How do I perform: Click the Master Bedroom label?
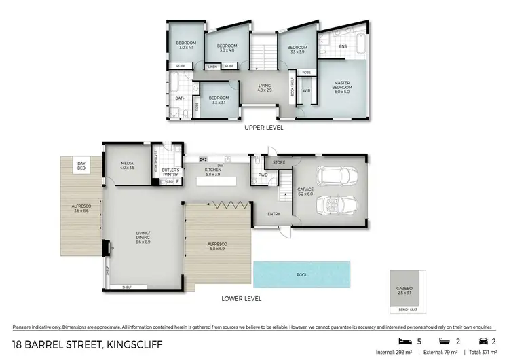tap(341, 86)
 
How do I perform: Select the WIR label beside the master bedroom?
tap(306, 90)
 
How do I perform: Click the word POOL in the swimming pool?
tap(302, 275)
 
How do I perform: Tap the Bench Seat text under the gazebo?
tap(408, 309)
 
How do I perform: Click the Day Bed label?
tap(81, 165)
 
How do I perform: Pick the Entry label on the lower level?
tap(274, 214)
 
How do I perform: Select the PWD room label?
tap(263, 174)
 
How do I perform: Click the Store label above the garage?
tap(279, 162)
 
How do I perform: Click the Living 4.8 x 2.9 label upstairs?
tap(265, 87)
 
